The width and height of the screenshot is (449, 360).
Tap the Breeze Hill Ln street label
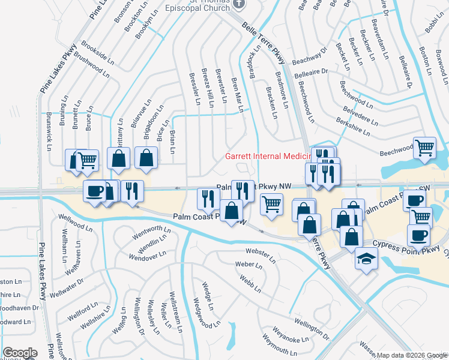208,88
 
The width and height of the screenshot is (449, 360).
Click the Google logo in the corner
20,353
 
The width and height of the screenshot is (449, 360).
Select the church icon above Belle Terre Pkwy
239,4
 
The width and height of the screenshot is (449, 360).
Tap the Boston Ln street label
426,61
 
